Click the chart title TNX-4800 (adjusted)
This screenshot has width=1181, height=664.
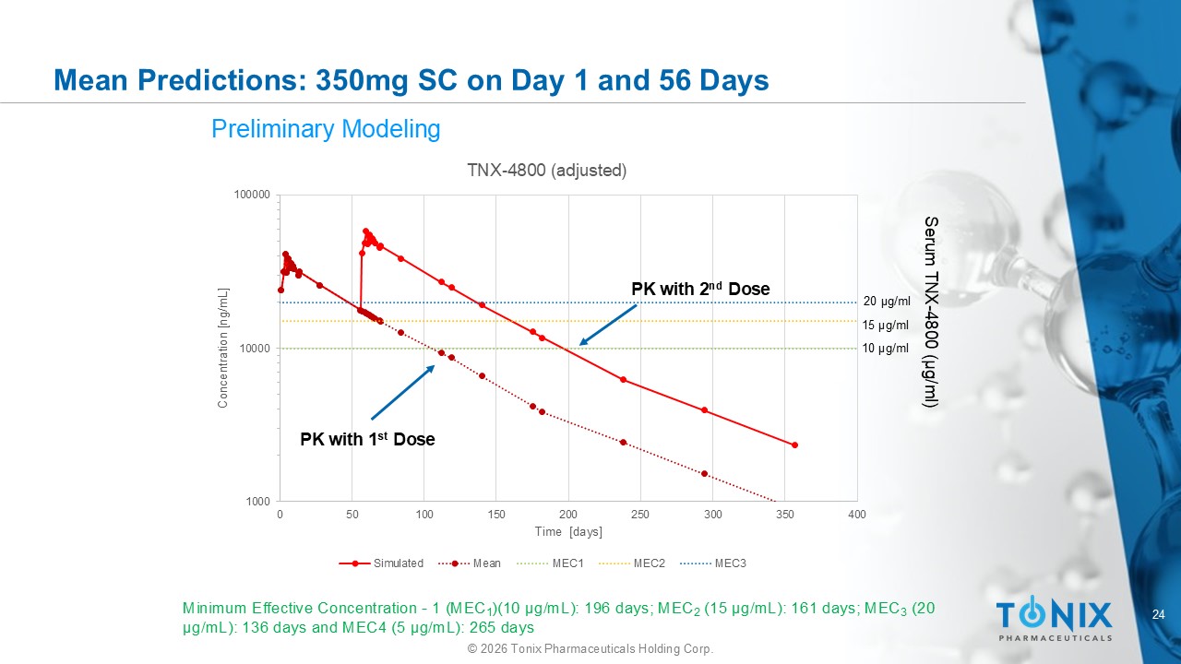(547, 171)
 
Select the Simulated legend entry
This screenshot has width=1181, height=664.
(381, 563)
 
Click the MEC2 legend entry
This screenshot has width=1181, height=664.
(632, 563)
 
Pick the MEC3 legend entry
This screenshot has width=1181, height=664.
(713, 563)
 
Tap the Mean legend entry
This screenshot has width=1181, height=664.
(470, 563)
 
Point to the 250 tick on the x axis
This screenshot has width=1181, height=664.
(640, 515)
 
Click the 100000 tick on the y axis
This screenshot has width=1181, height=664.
(252, 195)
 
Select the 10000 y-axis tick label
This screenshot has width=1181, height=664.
(256, 349)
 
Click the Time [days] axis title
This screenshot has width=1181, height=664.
(568, 532)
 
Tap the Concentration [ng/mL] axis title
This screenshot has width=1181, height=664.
(223, 348)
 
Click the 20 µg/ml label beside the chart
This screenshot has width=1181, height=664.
(887, 302)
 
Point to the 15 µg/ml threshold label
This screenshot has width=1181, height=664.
(886, 326)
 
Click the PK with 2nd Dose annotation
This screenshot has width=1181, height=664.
(700, 289)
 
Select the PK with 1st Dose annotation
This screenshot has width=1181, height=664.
(367, 439)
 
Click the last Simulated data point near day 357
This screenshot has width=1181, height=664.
(795, 445)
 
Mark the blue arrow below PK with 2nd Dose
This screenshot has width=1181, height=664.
(608, 326)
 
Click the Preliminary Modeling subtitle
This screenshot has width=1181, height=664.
(326, 129)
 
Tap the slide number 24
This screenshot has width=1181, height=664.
(1158, 614)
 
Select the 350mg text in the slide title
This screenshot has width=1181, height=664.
(362, 80)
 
